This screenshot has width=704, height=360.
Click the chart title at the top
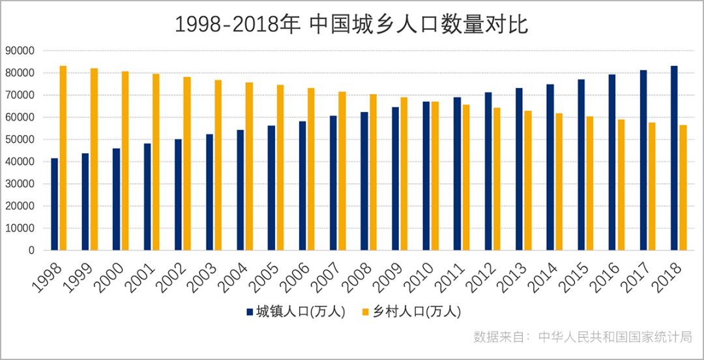pos(351,24)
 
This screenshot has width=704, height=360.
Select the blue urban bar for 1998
pos(55,204)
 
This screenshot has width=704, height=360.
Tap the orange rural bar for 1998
pos(63,158)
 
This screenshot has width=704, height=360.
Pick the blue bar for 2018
pos(674,158)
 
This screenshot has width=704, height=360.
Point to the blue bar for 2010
pos(426,176)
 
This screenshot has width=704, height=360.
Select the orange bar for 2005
pos(280,168)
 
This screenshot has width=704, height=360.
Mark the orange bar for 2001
pos(156,162)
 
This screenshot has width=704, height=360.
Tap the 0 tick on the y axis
pos(31,250)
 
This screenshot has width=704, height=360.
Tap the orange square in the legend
pos(366,312)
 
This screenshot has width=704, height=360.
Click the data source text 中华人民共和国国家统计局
pos(615,337)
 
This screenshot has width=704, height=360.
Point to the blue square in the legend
pos(249,312)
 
